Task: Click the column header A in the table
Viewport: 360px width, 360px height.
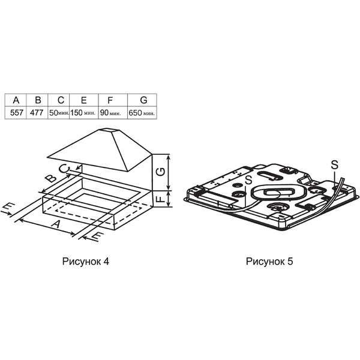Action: (16, 100)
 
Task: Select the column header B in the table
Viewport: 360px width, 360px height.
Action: (38, 100)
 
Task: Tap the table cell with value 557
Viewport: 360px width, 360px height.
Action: (17, 113)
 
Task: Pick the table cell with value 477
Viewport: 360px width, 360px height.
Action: (37, 113)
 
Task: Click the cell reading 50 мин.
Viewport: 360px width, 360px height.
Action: (59, 113)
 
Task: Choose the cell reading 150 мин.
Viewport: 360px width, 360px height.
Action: (83, 113)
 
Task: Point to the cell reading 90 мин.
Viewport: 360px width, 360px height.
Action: (110, 113)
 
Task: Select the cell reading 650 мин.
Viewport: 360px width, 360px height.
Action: (142, 113)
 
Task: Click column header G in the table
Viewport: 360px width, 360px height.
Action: (143, 100)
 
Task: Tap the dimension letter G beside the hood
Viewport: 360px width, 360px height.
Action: (161, 172)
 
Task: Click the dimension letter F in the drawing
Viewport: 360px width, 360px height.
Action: (161, 199)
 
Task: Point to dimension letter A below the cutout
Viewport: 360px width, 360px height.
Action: (56, 224)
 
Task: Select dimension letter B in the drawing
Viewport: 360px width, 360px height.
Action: (50, 178)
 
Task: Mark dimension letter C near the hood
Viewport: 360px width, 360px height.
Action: (64, 169)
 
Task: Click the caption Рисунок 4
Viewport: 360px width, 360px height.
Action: (85, 262)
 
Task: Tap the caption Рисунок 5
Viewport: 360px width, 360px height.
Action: (269, 262)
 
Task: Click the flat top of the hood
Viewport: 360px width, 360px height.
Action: (109, 130)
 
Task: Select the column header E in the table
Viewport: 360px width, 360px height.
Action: (84, 100)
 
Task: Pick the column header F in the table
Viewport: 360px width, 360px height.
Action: (110, 100)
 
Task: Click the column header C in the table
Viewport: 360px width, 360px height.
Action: (61, 100)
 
